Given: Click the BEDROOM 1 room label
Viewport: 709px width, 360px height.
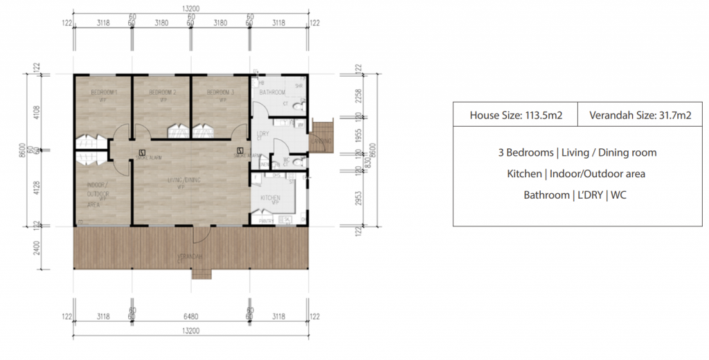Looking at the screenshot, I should tap(104, 92).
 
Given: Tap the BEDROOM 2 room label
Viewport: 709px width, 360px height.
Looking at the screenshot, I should tap(163, 92).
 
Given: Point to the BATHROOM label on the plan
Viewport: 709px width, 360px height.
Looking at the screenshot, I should tap(272, 92).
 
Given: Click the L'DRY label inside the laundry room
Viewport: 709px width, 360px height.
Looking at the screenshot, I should tap(262, 134).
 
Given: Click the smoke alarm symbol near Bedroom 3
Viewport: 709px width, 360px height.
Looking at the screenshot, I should tap(240, 150).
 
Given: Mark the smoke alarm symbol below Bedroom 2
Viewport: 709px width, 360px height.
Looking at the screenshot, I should tap(142, 152).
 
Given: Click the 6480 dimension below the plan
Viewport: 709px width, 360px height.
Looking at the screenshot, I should tap(190, 316).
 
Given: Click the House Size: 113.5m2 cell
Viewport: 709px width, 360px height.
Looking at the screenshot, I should tap(515, 115).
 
